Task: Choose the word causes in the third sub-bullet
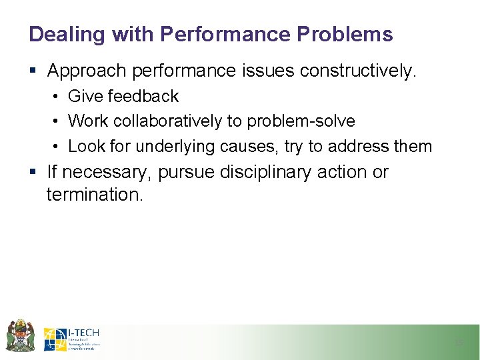coord(246,146)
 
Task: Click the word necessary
coord(107,172)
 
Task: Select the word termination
coord(94,195)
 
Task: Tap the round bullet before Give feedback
coord(56,97)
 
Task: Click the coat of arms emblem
coord(20,335)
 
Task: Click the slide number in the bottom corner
coord(458,343)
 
